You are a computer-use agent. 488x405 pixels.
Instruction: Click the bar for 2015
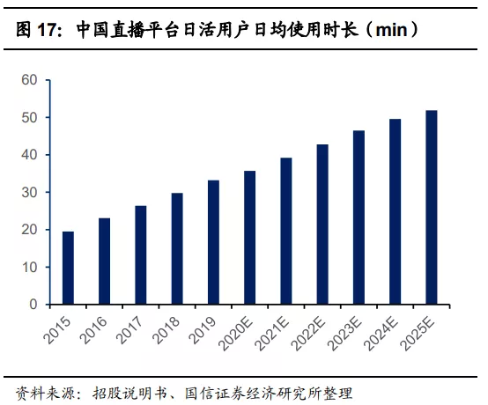[x=69, y=268]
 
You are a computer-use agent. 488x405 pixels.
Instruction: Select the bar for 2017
[x=141, y=255]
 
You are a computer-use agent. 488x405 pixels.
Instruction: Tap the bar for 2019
[x=213, y=242]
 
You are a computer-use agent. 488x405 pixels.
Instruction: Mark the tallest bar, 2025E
[x=432, y=207]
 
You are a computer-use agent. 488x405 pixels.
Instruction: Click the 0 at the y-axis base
[x=33, y=305]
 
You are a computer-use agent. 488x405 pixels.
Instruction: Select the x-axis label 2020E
[x=237, y=333]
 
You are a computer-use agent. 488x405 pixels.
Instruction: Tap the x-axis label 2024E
[x=382, y=333]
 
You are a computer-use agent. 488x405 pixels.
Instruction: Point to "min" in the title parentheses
[x=394, y=30]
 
